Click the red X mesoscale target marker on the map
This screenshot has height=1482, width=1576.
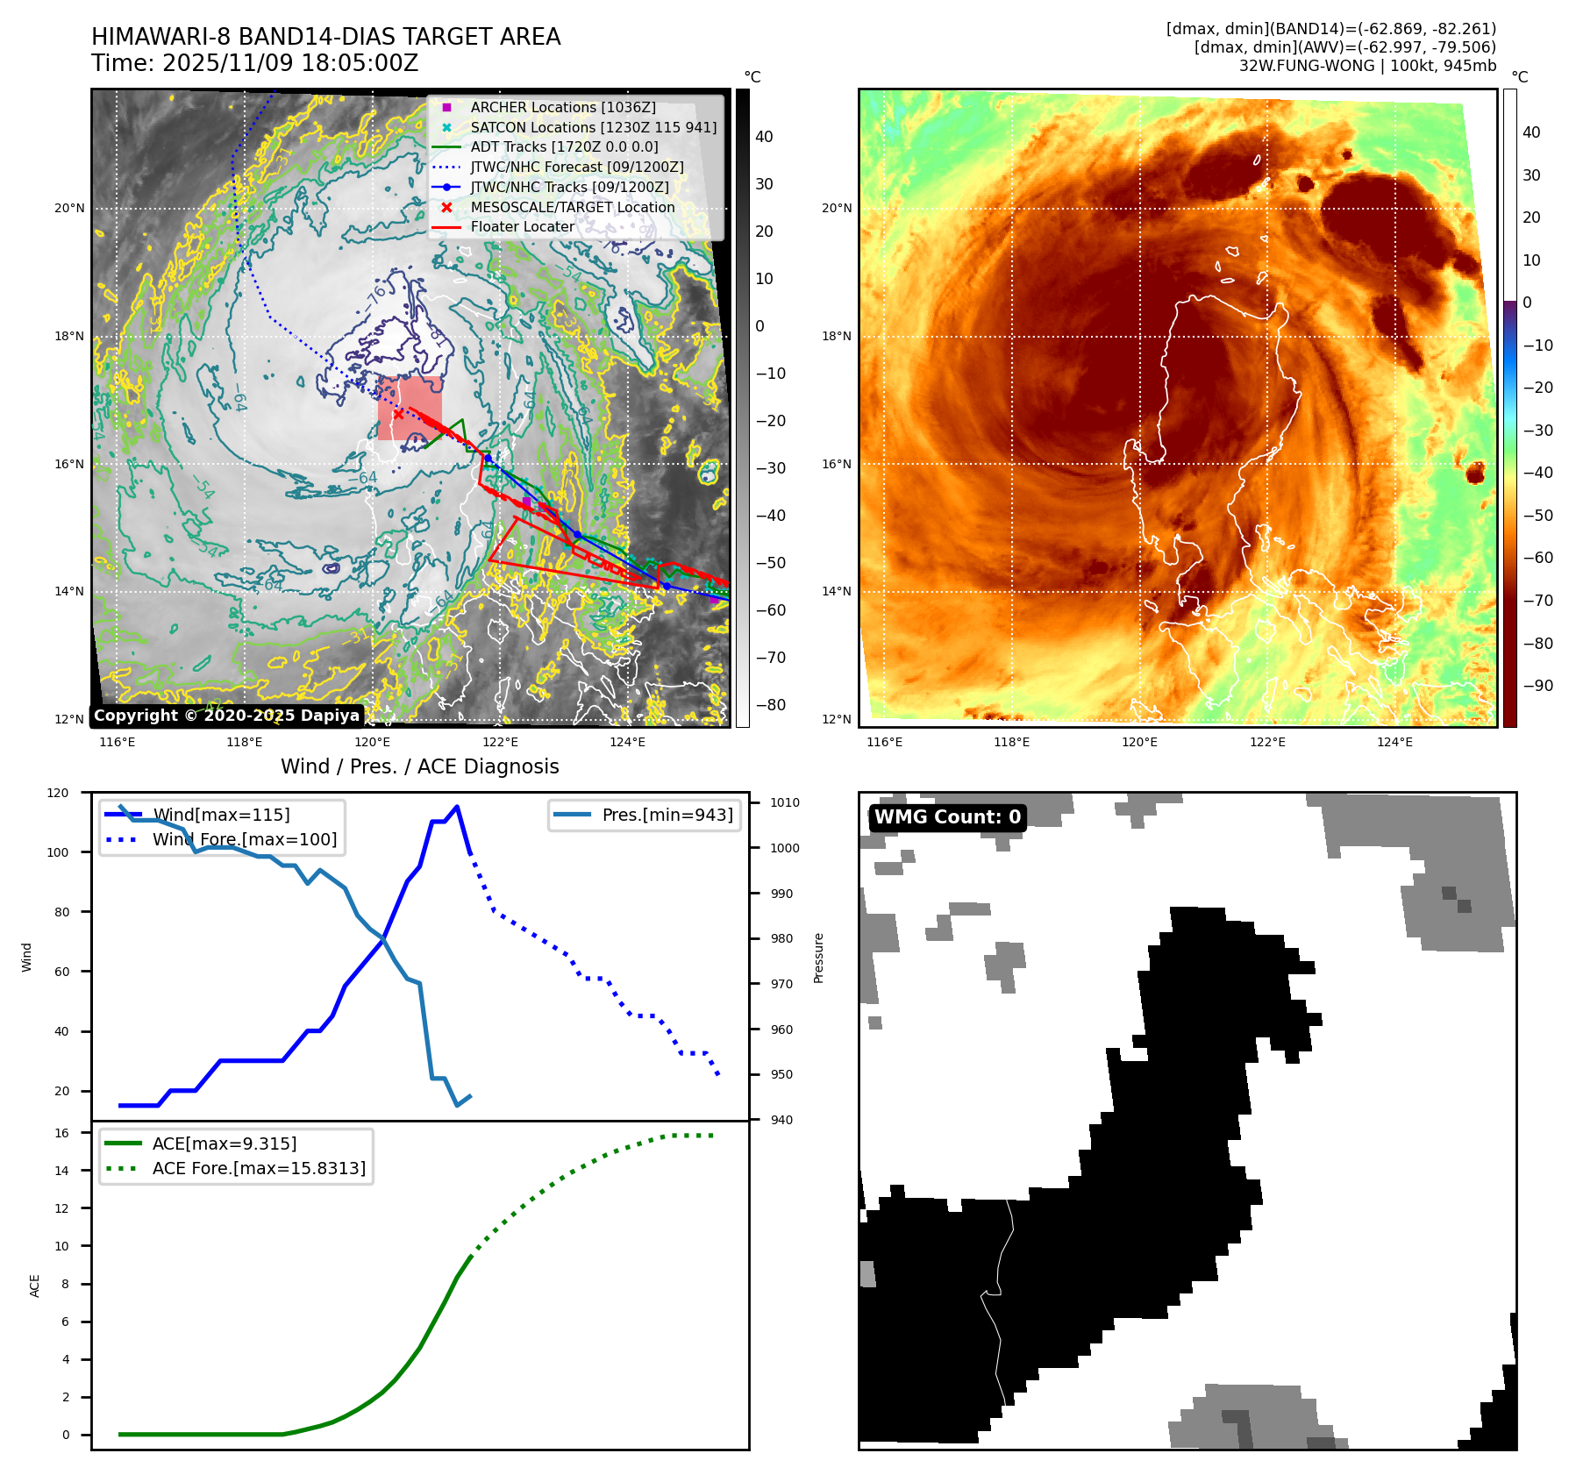pos(399,414)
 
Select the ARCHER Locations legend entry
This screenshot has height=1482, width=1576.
pos(562,107)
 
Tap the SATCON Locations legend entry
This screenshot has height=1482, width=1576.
pos(593,127)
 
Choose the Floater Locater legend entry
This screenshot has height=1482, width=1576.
pos(522,226)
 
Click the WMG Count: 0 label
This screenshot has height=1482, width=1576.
pos(947,816)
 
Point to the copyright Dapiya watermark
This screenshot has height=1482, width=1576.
pos(226,716)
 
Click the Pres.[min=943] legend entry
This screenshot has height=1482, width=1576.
pos(667,815)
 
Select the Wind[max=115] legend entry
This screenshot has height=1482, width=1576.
pos(221,815)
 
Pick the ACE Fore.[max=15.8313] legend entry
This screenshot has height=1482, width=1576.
pos(259,1168)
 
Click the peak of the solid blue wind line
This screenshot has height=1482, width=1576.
pos(457,807)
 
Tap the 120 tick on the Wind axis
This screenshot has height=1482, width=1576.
pos(58,793)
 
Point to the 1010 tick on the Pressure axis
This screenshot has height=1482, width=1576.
pos(785,802)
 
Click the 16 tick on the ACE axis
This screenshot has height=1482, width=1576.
pos(61,1133)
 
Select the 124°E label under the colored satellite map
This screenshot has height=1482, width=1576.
pos(1394,743)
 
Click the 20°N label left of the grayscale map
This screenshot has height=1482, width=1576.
pos(69,209)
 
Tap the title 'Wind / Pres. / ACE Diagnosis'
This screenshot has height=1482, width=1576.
pos(419,766)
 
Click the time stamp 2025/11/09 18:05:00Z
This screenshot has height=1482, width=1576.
pos(290,64)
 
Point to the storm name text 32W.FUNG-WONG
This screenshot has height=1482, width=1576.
pos(1306,66)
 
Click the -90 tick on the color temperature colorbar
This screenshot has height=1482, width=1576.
pos(1537,686)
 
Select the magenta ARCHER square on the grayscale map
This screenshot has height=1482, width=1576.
pos(526,502)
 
